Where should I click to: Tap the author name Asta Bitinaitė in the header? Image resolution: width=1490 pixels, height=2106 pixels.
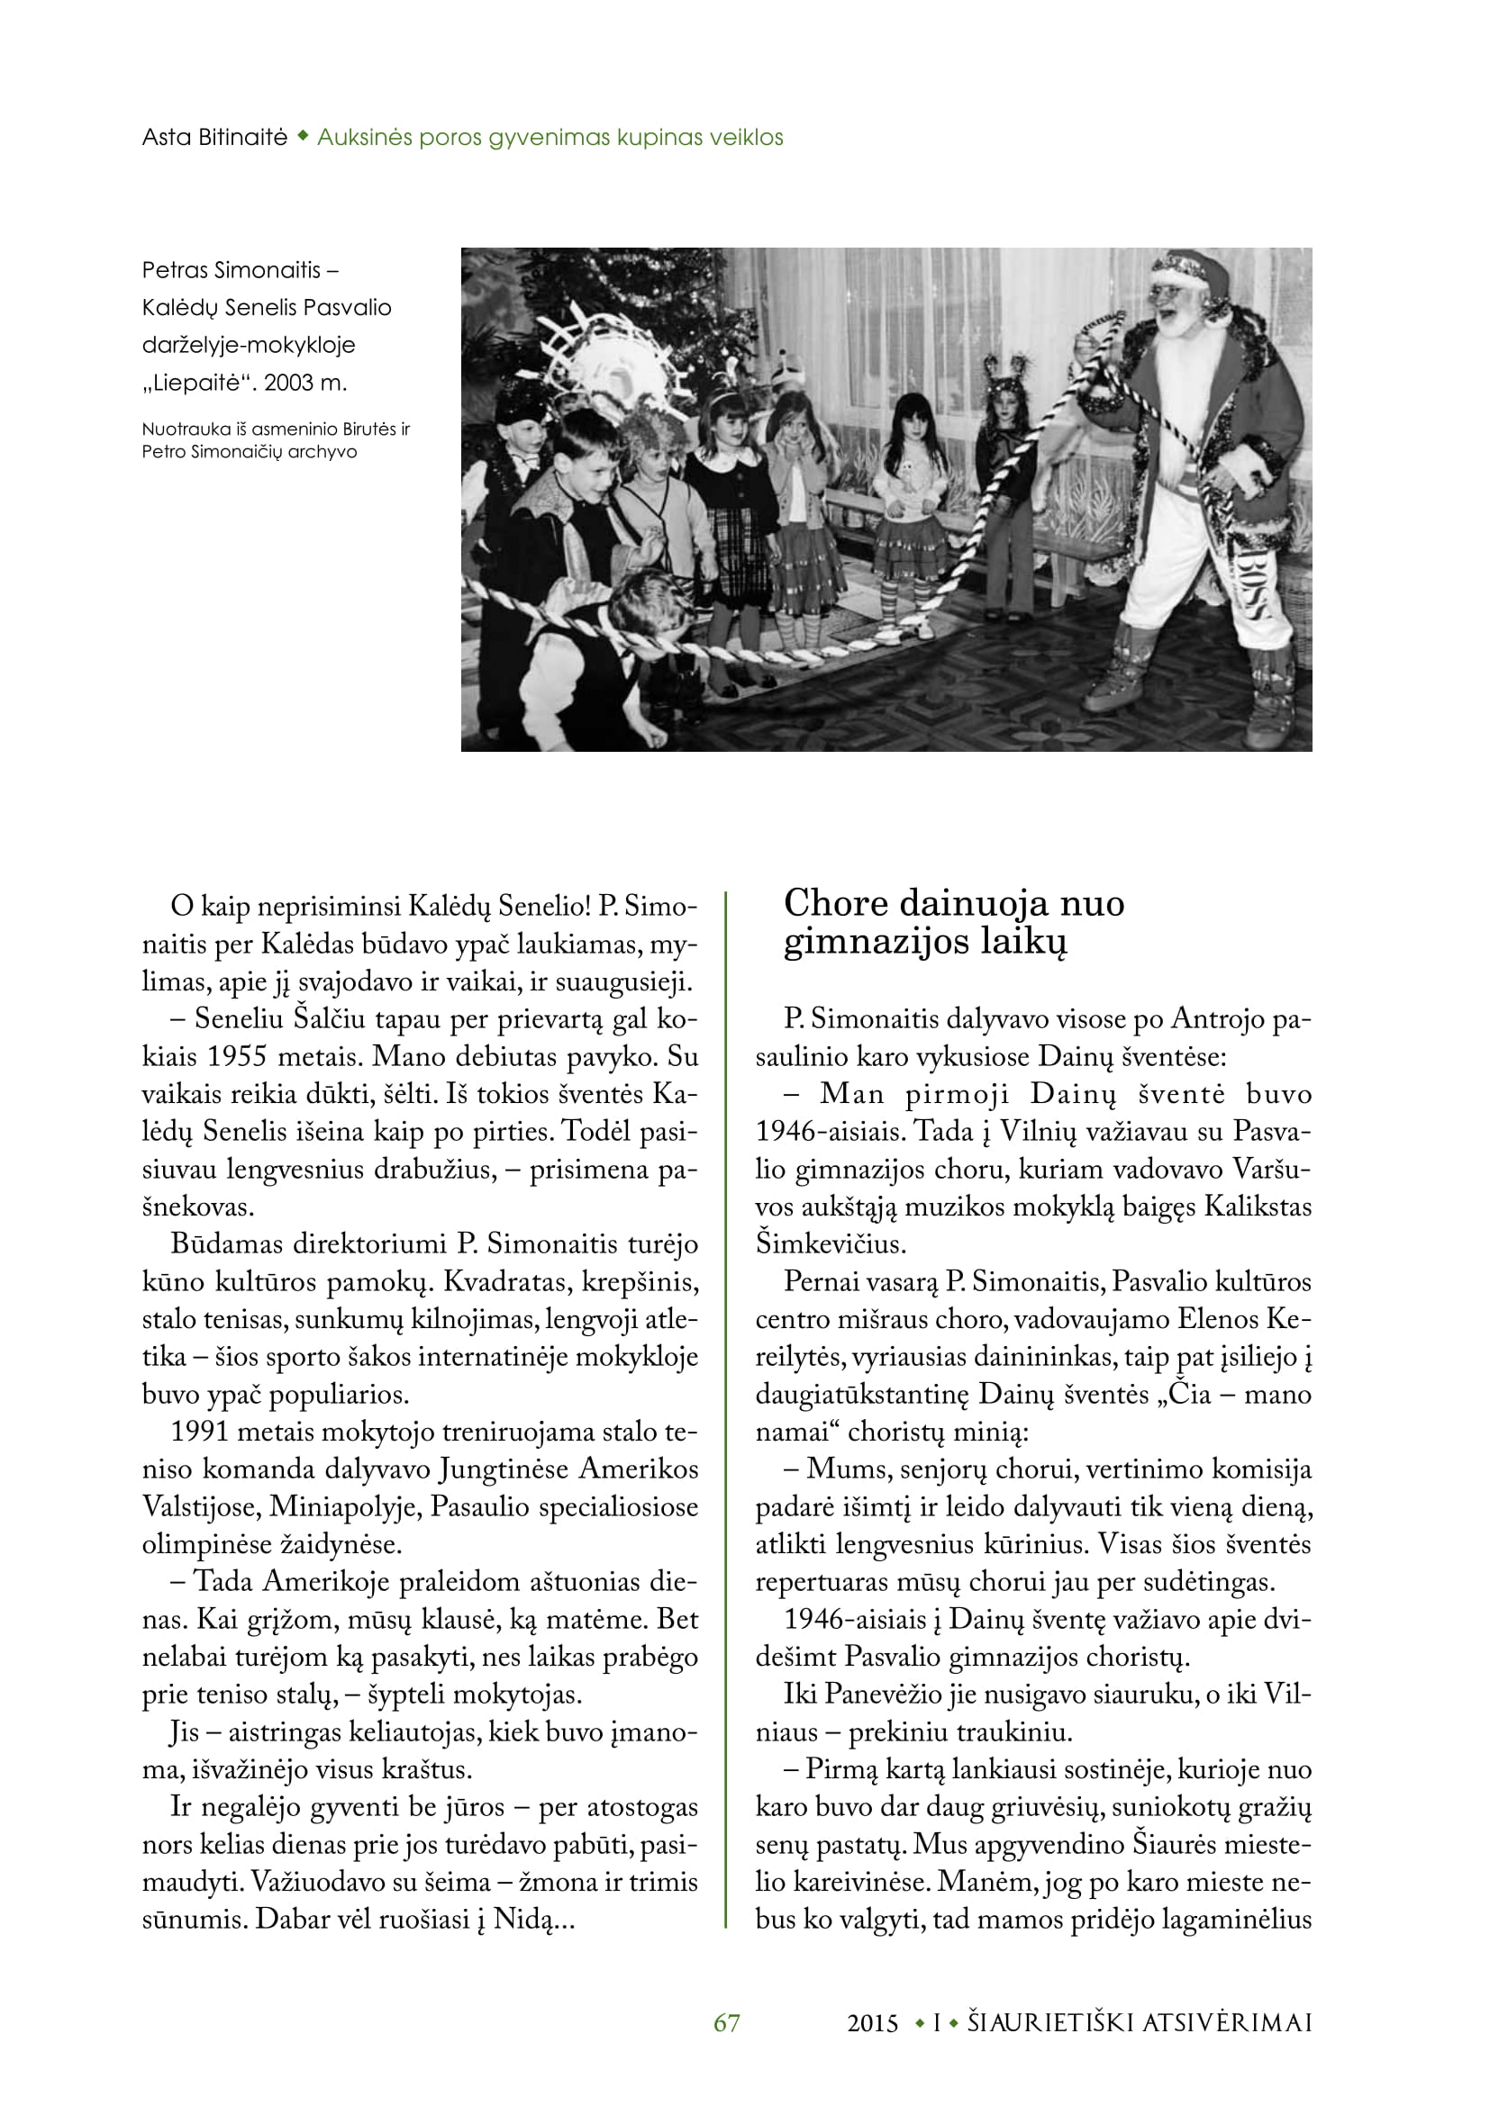point(214,138)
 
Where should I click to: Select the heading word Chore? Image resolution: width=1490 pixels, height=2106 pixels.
point(835,903)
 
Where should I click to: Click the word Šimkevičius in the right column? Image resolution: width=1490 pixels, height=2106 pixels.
point(831,1244)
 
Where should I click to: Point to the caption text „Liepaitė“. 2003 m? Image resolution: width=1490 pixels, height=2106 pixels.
point(245,383)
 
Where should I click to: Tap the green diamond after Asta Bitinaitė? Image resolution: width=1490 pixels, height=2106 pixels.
point(302,138)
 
